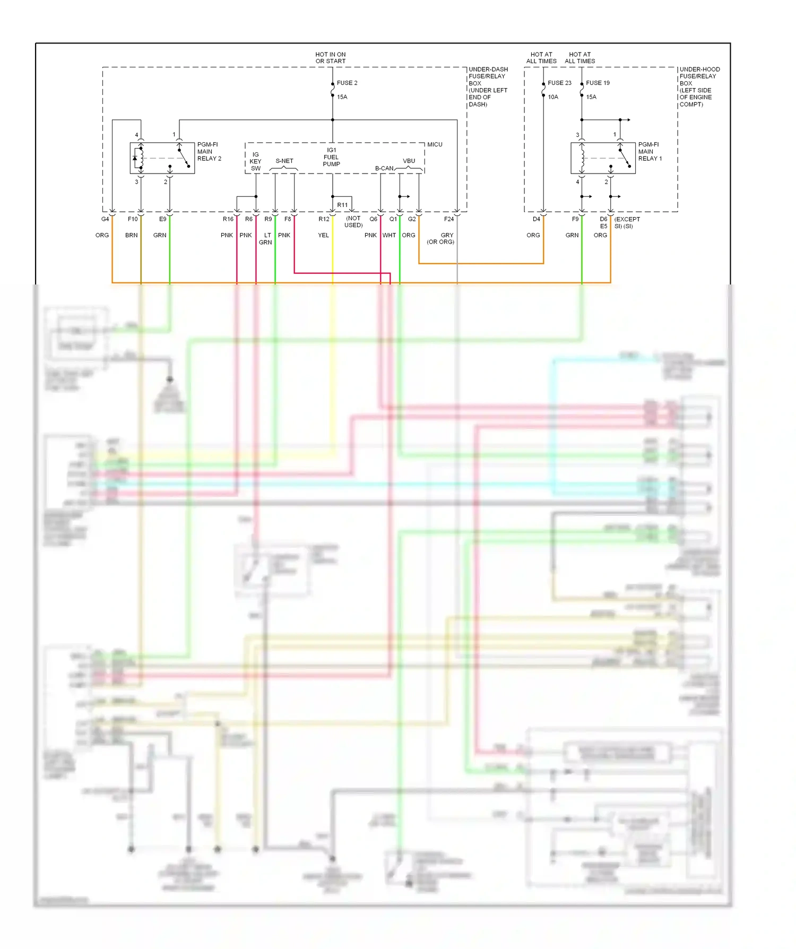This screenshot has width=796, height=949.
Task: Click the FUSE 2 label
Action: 347,83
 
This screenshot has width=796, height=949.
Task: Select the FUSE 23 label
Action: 559,83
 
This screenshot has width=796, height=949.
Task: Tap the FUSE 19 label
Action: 598,83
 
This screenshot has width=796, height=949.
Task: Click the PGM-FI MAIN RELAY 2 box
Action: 162,158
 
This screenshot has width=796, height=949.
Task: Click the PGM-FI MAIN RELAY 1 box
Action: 603,158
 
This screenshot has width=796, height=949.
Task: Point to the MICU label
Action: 435,144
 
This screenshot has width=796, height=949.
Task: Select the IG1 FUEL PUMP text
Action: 331,157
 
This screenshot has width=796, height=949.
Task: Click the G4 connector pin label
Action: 105,219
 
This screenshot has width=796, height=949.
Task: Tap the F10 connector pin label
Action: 133,219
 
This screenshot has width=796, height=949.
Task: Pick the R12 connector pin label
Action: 324,219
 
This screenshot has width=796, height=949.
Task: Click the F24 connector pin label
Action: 449,219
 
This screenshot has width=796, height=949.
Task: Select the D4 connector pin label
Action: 537,219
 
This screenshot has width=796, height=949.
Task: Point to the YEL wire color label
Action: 323,235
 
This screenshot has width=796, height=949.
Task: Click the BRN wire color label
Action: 131,235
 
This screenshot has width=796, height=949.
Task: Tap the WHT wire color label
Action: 389,235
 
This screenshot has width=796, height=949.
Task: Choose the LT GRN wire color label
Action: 265,239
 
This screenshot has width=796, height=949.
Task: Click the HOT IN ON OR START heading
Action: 330,58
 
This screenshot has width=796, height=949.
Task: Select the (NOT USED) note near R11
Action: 353,222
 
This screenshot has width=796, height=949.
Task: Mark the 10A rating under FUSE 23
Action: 553,97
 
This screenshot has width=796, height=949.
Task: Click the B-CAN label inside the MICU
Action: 384,168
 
